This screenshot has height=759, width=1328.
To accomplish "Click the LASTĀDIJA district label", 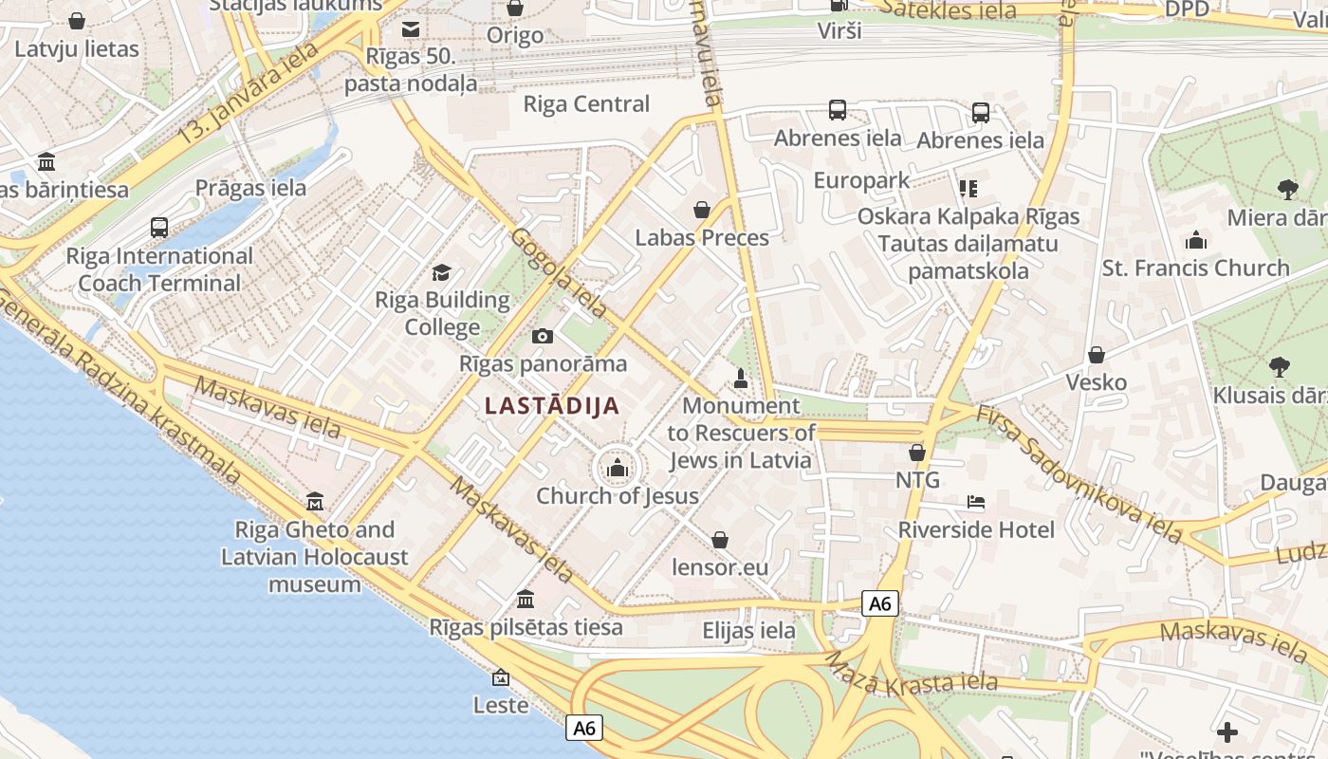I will (x=552, y=406).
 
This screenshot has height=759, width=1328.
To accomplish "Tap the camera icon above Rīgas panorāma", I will (x=543, y=336).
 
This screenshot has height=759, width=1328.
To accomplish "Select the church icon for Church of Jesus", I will (x=618, y=468).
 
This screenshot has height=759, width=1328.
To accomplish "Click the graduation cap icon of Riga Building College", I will (x=442, y=273).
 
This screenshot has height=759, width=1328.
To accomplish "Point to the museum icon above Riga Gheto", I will (x=315, y=500).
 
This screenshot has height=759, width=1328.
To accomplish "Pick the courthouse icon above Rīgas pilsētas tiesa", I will (x=526, y=599).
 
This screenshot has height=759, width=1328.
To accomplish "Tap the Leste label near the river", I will (x=501, y=705).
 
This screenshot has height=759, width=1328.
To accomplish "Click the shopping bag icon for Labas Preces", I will (x=702, y=210).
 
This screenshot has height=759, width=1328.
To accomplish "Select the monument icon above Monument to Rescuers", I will (x=742, y=378).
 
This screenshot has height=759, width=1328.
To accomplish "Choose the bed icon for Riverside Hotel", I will (x=976, y=501).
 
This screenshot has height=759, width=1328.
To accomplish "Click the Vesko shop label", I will (x=1097, y=382).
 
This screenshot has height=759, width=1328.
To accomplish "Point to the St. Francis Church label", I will (x=1195, y=268).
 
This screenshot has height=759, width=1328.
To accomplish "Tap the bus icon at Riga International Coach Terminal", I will (x=159, y=228).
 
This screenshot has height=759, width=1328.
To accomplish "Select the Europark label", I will (x=861, y=180).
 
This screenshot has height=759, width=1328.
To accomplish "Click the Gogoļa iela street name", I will (x=559, y=273).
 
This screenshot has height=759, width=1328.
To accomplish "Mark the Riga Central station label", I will (x=586, y=104).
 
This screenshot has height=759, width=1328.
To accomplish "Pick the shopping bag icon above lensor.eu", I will (x=720, y=540).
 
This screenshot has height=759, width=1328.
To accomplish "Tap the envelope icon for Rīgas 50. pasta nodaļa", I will (x=411, y=29).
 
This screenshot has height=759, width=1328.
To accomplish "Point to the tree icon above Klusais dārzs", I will (x=1279, y=367).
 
